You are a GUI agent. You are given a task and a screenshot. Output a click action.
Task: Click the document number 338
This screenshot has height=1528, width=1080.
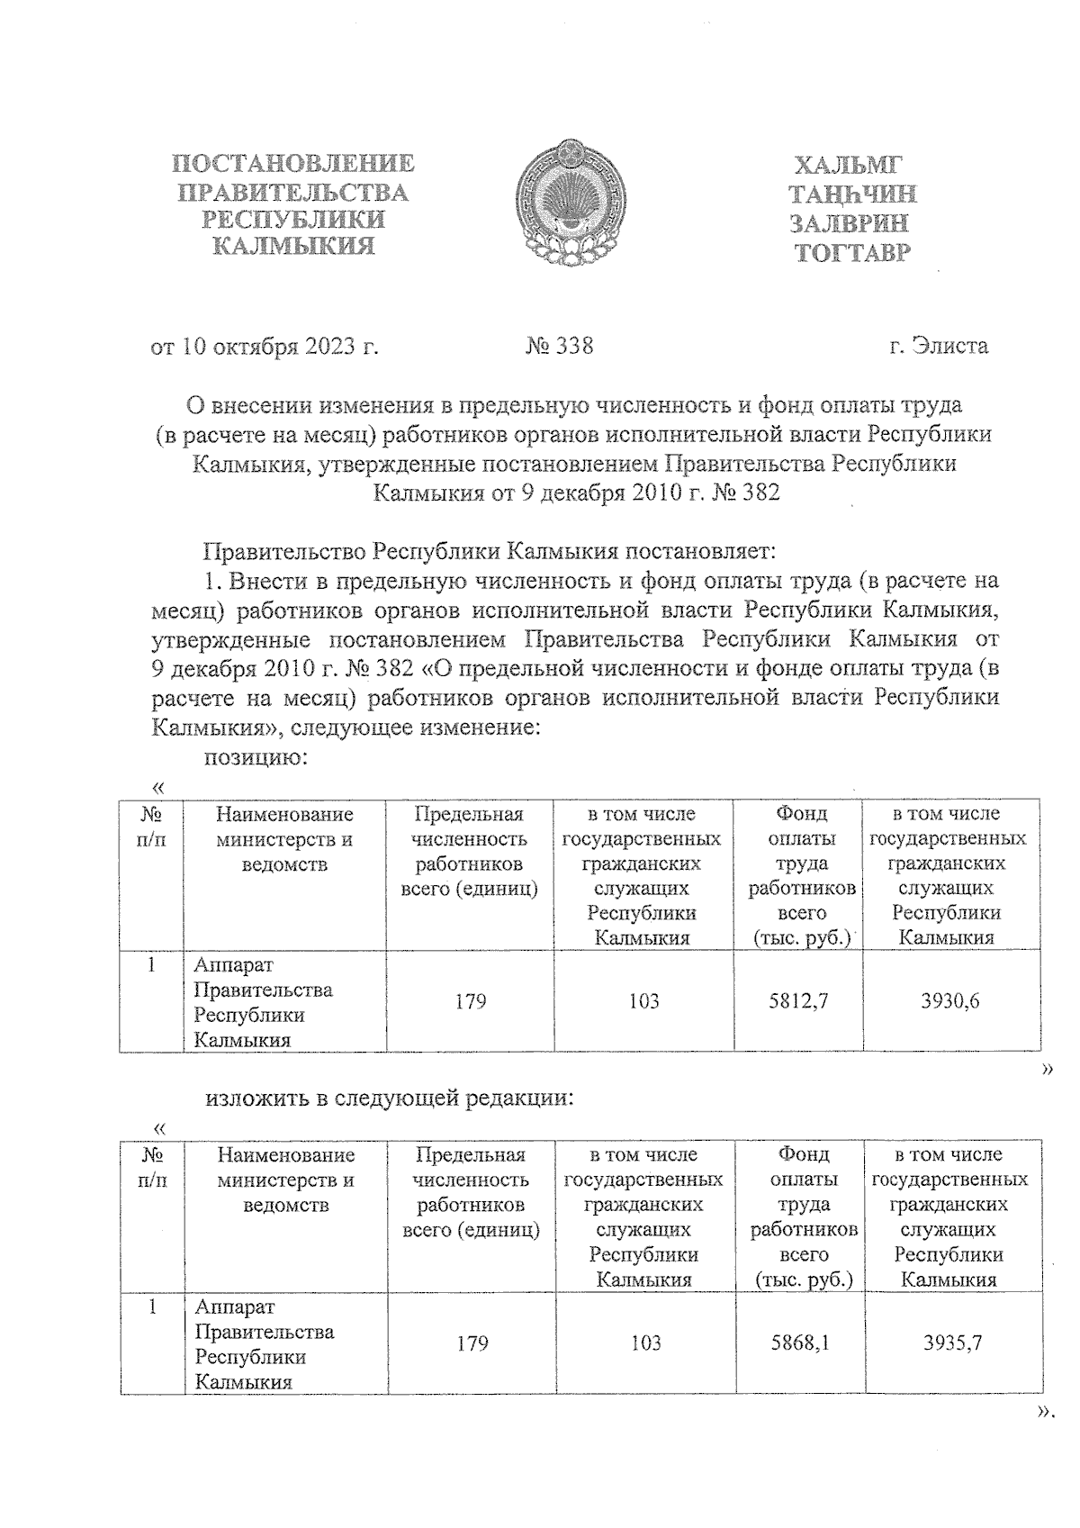coord(560,346)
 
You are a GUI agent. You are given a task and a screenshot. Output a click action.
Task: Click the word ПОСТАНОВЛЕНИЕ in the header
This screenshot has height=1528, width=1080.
coord(293,164)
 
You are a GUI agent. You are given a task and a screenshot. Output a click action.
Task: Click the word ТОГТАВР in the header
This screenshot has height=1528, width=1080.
coord(852,253)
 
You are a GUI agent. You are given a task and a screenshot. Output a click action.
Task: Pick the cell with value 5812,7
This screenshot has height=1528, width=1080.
coord(798,1001)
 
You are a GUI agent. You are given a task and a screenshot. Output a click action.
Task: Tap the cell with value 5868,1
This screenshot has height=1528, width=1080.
coord(800,1343)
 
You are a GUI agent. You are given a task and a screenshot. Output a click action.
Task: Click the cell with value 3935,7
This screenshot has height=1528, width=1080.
coord(952,1343)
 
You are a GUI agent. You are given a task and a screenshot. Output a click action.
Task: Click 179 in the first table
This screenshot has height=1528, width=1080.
coord(470,1001)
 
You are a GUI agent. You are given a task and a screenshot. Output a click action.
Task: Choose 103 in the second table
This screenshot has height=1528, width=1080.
coord(645,1343)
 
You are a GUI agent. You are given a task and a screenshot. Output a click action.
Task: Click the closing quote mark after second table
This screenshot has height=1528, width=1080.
coord(1044,1415)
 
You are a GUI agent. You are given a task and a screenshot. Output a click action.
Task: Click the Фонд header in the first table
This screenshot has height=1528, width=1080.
coord(801,814)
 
